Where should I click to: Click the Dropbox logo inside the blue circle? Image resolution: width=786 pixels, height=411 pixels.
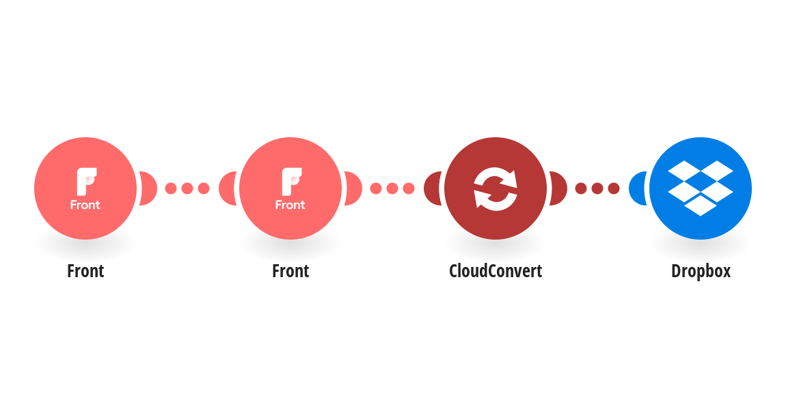point(701,188)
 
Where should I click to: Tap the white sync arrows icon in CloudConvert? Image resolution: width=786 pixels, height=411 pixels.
point(496,188)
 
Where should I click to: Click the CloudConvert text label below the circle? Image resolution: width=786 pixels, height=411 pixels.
point(496,271)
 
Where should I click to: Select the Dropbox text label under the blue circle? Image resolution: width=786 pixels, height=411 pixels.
point(701,271)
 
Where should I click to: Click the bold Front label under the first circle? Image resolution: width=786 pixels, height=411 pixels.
point(85,271)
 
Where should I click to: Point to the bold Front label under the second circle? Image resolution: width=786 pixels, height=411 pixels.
point(290,271)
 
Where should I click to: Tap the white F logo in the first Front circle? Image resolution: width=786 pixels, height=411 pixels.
point(86,181)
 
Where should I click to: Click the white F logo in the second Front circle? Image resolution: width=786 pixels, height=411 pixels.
point(291,181)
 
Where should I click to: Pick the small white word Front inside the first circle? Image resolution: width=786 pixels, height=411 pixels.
point(85,205)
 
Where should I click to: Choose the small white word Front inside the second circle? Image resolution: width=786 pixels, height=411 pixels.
point(290,205)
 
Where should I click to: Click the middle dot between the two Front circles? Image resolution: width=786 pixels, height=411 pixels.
point(187,188)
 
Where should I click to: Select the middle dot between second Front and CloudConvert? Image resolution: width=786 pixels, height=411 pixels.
point(392,188)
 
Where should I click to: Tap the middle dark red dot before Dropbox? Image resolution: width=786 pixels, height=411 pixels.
point(597,188)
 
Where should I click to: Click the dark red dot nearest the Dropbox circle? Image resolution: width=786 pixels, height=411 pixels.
point(614,188)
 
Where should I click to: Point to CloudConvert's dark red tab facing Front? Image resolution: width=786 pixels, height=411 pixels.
point(432,188)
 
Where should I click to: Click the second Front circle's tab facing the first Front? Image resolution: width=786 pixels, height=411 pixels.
point(227,188)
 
